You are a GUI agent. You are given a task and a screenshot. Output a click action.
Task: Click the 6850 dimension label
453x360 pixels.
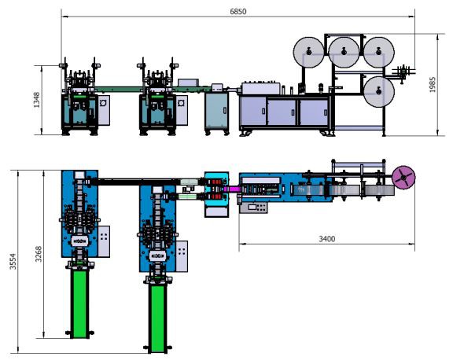click(238, 12)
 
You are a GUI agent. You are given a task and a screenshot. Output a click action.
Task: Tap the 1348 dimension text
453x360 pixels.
click(37, 100)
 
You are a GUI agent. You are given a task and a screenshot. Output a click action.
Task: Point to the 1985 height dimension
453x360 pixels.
click(433, 85)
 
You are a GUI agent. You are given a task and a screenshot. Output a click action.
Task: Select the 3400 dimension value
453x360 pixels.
click(326, 239)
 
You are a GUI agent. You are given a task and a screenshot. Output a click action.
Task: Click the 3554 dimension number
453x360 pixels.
click(13, 262)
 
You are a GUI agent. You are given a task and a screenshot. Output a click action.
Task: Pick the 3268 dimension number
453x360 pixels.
click(39, 254)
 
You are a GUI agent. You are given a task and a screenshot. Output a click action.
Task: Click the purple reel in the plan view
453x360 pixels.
click(403, 177)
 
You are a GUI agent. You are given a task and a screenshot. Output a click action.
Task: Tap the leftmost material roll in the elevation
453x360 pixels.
click(308, 52)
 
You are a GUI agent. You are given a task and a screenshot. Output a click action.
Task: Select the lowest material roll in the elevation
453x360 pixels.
click(378, 91)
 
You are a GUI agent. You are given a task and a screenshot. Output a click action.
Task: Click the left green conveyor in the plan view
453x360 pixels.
click(79, 304)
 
